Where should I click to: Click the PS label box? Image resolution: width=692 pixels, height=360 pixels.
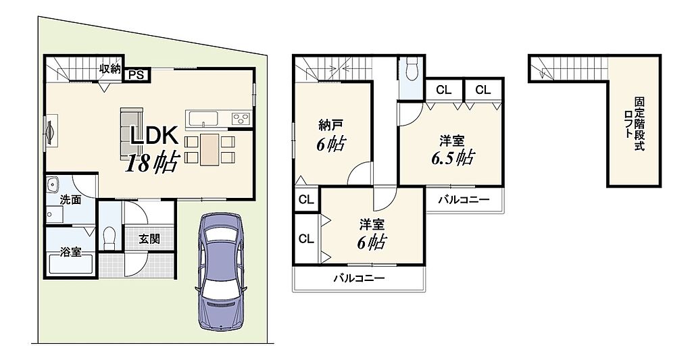(x=137, y=75)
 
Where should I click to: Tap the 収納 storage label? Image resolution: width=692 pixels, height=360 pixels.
(x=109, y=68)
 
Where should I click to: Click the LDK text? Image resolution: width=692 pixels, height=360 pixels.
(x=153, y=136)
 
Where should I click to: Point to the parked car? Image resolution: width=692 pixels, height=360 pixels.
(x=221, y=272)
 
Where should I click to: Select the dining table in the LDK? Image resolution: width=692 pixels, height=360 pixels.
(x=209, y=149)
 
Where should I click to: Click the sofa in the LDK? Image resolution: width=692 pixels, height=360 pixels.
(x=131, y=134)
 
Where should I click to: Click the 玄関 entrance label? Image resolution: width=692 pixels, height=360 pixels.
(x=149, y=239)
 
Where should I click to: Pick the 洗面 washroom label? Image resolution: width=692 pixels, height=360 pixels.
(x=70, y=199)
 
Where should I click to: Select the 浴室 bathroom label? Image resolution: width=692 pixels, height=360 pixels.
(x=70, y=252)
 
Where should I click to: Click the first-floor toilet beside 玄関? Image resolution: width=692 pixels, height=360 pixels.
(x=109, y=238)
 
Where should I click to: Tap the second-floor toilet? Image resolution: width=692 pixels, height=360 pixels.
(x=412, y=71)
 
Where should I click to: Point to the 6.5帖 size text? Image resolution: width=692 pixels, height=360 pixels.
(x=453, y=157)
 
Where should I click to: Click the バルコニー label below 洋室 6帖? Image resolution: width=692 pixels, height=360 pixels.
(x=359, y=278)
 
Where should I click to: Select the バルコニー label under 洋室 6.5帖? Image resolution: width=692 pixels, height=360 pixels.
(x=464, y=200)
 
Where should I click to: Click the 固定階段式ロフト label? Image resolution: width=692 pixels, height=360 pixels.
(x=634, y=124)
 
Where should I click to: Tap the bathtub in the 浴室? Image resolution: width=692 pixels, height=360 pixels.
(x=70, y=267)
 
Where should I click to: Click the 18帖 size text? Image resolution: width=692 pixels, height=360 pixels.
(x=152, y=163)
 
